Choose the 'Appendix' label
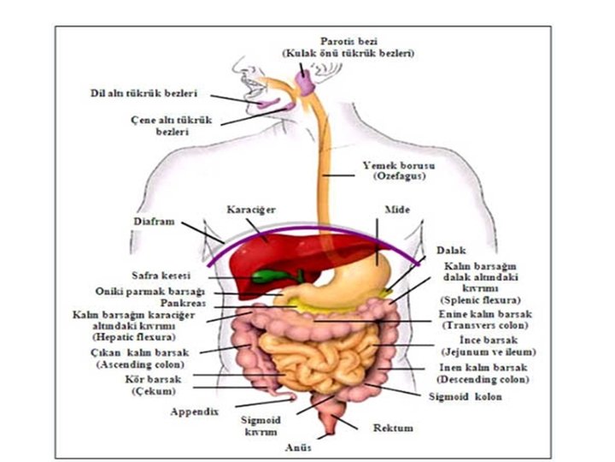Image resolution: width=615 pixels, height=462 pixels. [195, 411]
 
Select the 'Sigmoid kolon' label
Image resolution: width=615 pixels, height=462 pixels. [466, 397]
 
